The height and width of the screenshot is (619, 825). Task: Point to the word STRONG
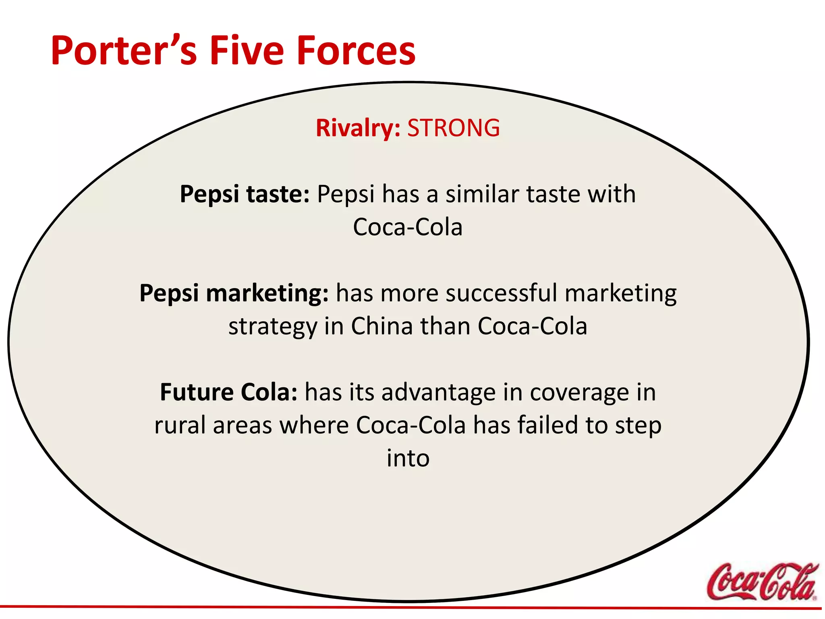(x=453, y=128)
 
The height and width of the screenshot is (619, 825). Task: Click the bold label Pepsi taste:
(x=245, y=194)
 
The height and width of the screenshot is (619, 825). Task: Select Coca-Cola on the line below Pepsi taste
(x=408, y=227)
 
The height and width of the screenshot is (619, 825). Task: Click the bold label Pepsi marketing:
(x=234, y=293)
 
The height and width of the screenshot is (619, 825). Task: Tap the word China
(x=382, y=326)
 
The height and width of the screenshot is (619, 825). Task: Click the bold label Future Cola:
(x=228, y=392)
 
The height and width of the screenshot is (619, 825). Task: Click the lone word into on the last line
(x=408, y=458)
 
